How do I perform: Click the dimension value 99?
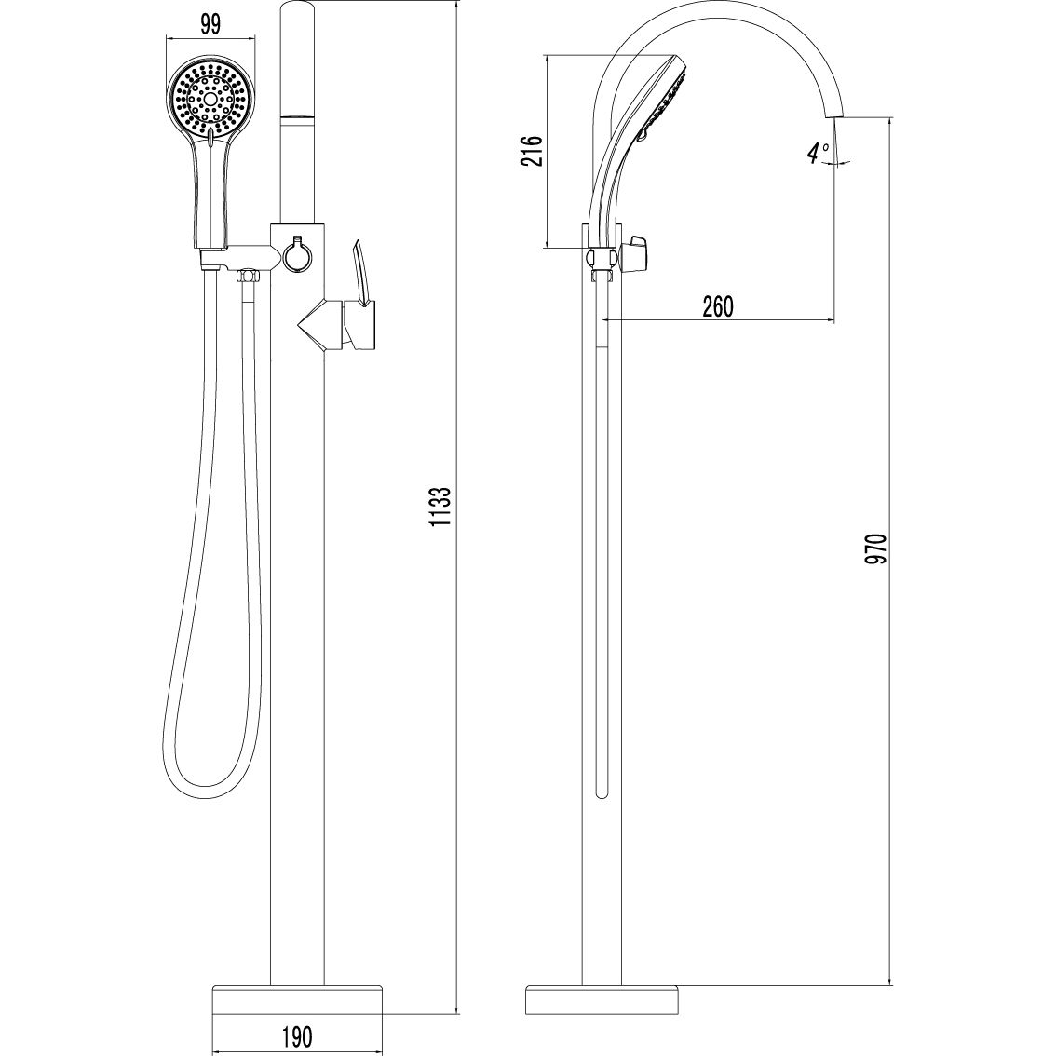pyautogui.click(x=210, y=25)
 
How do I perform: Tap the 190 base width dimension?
pyautogui.click(x=298, y=1035)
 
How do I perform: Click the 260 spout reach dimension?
pyautogui.click(x=718, y=306)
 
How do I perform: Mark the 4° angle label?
pyautogui.click(x=818, y=154)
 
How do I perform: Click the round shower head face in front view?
pyautogui.click(x=211, y=97)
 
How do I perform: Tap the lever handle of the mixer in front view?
pyautogui.click(x=361, y=274)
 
